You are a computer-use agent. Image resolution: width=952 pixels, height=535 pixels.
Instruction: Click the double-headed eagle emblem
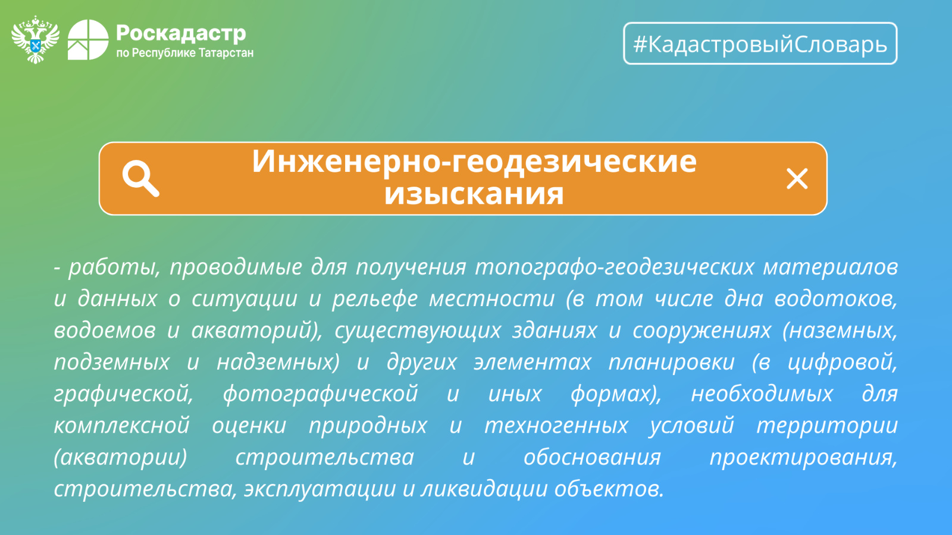click(35, 40)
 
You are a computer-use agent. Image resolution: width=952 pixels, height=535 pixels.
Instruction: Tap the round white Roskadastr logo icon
click(88, 39)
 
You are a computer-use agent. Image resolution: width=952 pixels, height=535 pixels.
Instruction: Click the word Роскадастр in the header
click(181, 33)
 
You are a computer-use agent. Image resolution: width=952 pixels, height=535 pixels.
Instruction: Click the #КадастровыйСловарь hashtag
click(760, 44)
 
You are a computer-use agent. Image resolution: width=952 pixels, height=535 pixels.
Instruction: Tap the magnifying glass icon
click(140, 178)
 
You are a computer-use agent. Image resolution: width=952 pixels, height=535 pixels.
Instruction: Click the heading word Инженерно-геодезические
click(474, 161)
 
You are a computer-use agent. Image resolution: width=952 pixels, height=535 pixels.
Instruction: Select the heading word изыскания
click(474, 194)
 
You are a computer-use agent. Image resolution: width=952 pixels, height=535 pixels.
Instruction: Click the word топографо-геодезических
click(615, 267)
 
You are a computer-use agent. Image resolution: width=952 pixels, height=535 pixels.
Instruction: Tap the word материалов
click(831, 267)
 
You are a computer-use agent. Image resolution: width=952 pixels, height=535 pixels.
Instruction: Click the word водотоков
click(835, 299)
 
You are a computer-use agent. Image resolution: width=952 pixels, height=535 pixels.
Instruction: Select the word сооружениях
click(702, 331)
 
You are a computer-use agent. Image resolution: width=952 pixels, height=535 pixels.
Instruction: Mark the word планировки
click(672, 362)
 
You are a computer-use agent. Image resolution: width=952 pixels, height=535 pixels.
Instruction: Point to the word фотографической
click(321, 394)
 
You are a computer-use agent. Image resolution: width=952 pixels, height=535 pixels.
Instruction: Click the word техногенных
click(556, 426)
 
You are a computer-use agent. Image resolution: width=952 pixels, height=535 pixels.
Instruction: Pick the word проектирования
click(803, 457)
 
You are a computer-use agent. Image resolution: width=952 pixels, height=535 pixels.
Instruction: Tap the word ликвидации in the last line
click(483, 489)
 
